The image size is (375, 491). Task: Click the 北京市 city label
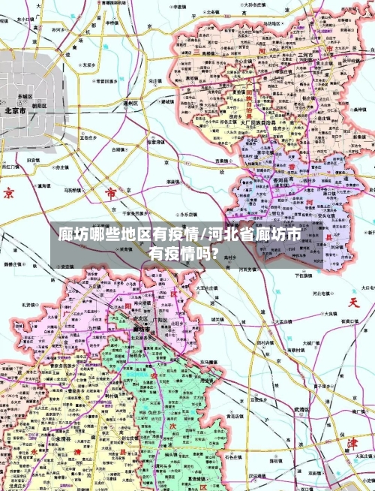pyautogui.click(x=16, y=110)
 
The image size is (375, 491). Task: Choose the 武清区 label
pyautogui.click(x=301, y=410)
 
